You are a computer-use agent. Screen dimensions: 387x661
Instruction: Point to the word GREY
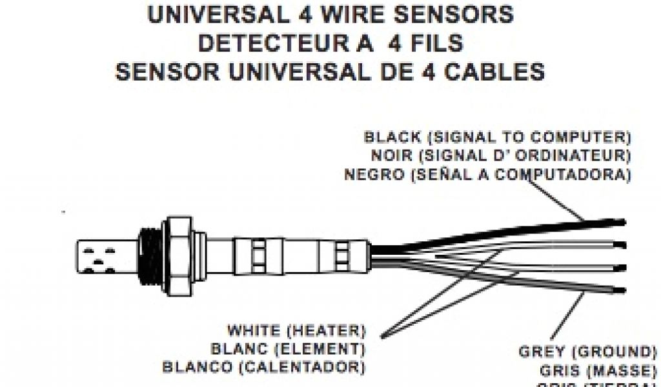[x=541, y=352]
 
